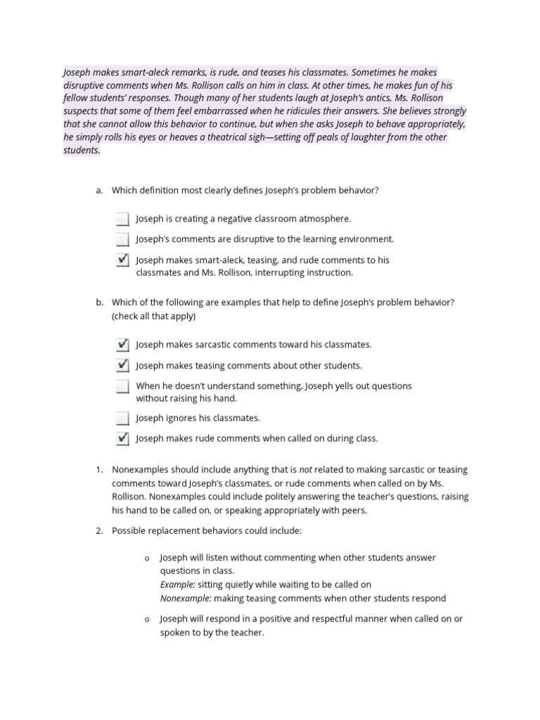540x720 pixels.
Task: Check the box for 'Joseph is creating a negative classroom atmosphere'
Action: [123, 219]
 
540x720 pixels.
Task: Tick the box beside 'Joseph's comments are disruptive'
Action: [123, 239]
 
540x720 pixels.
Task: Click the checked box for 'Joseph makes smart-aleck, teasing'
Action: [123, 260]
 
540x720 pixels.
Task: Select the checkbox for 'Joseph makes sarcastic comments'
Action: [123, 345]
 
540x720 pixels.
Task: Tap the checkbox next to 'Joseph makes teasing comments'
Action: [123, 366]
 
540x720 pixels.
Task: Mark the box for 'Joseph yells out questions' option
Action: [123, 386]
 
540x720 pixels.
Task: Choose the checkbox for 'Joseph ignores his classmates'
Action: [123, 418]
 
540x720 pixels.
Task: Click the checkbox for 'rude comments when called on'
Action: [123, 439]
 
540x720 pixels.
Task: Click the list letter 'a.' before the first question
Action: [100, 191]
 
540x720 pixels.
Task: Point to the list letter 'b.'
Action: [100, 303]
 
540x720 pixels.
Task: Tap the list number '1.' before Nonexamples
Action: [100, 470]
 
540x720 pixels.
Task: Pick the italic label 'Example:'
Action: [178, 584]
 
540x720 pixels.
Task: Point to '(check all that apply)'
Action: [153, 316]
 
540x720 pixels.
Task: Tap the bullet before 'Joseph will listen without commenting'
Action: [146, 558]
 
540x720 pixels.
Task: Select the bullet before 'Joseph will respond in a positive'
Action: [146, 619]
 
